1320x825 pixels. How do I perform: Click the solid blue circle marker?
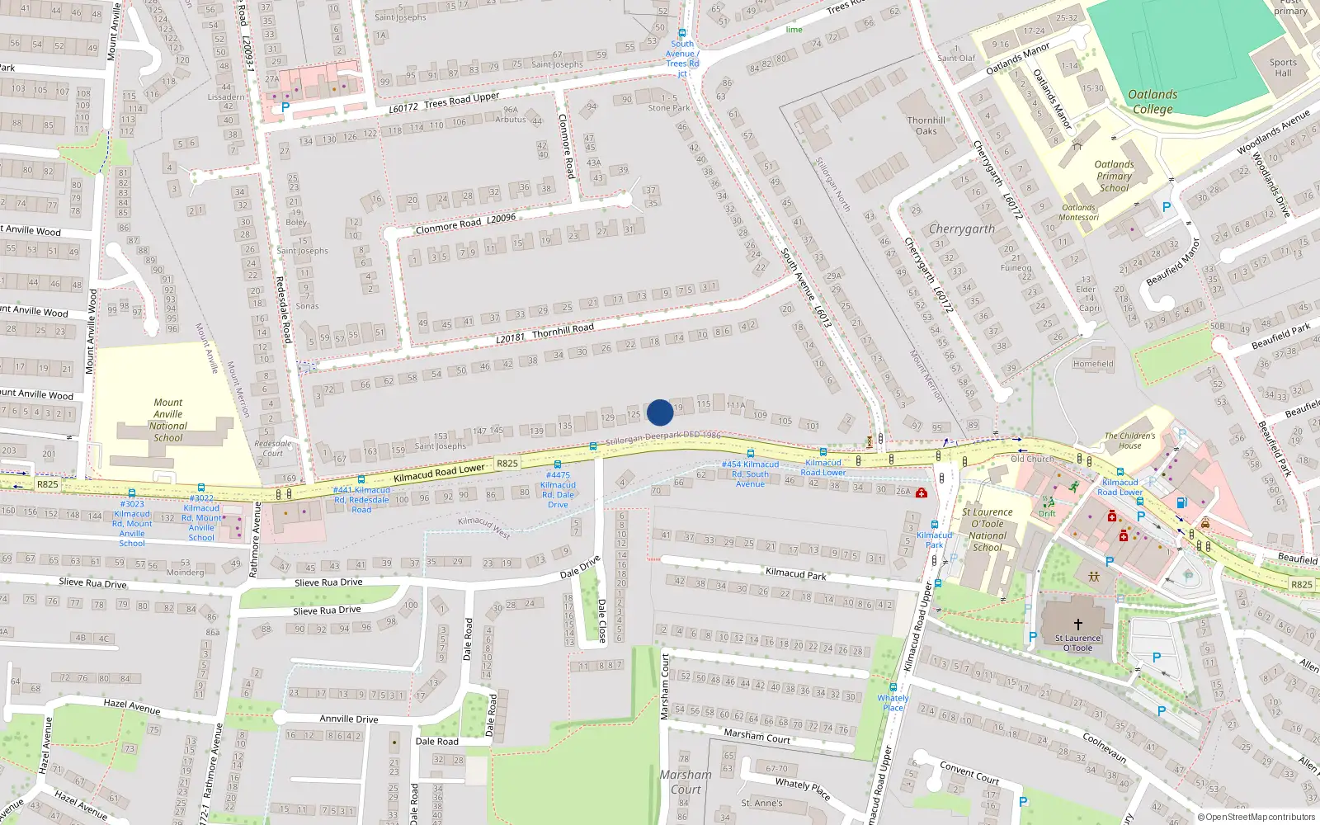click(x=660, y=412)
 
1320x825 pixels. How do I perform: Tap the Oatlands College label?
click(x=1153, y=101)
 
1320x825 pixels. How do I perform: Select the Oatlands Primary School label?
click(x=1114, y=176)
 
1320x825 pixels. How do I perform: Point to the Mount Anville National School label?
click(x=168, y=420)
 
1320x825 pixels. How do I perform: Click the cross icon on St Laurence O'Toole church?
click(x=1077, y=625)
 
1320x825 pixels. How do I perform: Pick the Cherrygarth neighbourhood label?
click(x=962, y=229)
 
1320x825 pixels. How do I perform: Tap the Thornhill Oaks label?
click(x=926, y=125)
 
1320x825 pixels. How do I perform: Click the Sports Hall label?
click(x=1283, y=68)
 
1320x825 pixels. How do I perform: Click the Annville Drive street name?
click(x=349, y=719)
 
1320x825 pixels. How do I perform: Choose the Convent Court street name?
click(x=969, y=773)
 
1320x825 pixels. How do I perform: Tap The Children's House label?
click(x=1130, y=441)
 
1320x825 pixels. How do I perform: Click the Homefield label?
click(x=1093, y=364)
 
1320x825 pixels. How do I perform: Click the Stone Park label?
click(x=669, y=108)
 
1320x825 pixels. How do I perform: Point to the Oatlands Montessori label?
click(x=1079, y=213)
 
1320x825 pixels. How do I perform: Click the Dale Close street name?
click(x=601, y=620)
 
